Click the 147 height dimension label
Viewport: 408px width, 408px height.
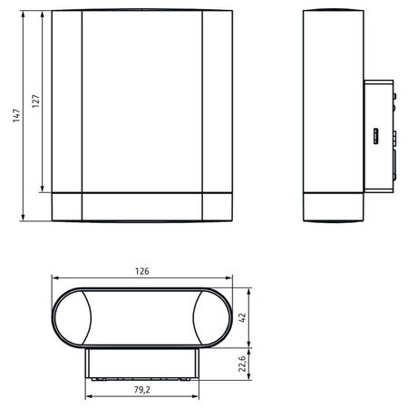coord(16,115)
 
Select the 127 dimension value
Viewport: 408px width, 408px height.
coord(35,102)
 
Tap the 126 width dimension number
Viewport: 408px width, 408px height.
coord(142,271)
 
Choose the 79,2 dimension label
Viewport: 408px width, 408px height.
coord(142,392)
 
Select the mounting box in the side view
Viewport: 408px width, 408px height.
coord(378,136)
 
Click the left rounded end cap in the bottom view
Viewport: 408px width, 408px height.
coord(71,317)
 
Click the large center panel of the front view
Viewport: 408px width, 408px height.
coord(141,100)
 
